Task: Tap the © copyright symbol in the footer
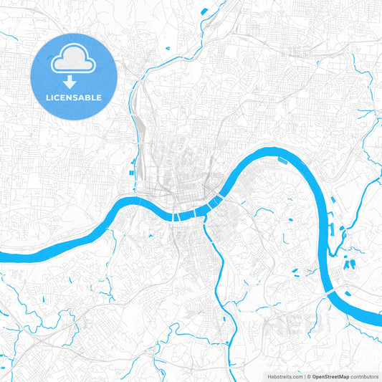(309, 376)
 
